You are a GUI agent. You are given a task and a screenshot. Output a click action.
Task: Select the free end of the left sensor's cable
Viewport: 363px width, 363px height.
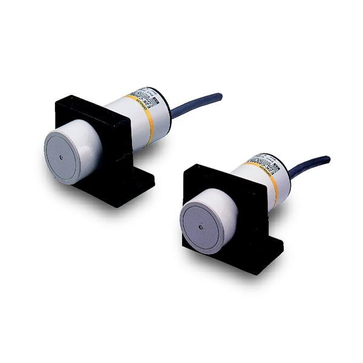[220, 96]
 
